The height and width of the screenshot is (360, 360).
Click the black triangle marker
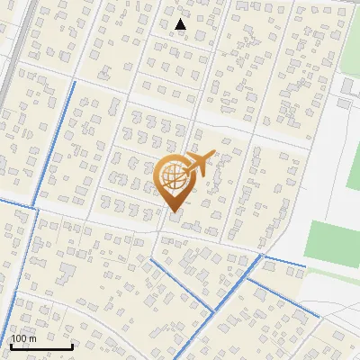181,24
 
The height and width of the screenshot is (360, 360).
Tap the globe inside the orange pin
173,177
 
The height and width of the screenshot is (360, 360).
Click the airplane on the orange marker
197,165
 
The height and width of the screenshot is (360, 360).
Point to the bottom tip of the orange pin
174,212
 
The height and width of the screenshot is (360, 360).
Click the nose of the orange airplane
212,155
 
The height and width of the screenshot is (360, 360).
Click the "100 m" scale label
23,338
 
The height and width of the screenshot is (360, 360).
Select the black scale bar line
41,346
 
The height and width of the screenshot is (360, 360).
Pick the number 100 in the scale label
19,338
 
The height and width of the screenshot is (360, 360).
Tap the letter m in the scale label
32,338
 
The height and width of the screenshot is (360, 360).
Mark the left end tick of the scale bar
11,345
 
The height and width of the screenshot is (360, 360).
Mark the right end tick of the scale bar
72,345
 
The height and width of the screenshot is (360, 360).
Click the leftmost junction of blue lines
36,209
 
